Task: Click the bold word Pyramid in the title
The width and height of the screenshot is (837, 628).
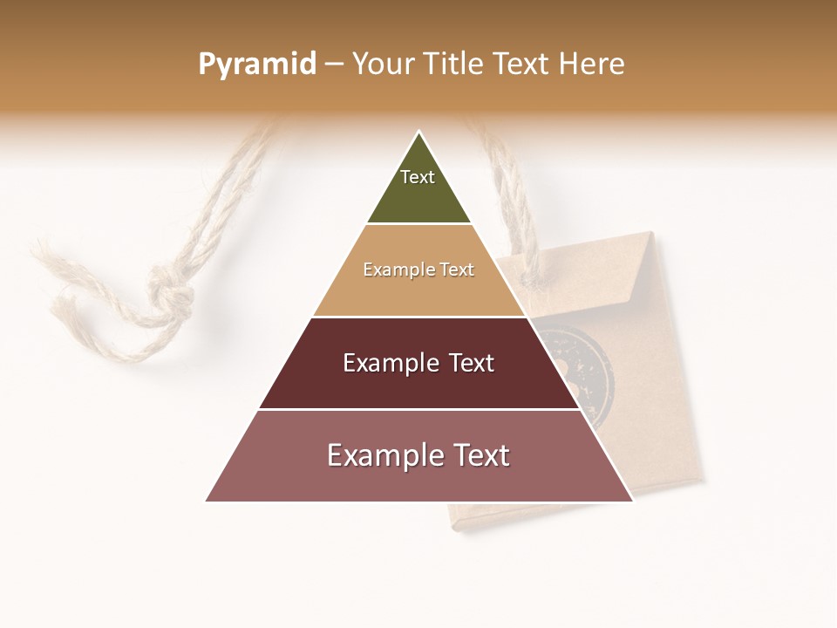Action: click(x=256, y=65)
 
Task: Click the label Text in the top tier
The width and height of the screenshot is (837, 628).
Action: click(x=418, y=177)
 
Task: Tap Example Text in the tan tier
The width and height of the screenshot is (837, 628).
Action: click(x=418, y=270)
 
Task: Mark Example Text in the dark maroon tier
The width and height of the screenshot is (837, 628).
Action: click(x=418, y=363)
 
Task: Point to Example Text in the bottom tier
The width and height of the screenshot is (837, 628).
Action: click(x=418, y=455)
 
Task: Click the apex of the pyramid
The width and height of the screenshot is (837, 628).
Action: click(x=419, y=133)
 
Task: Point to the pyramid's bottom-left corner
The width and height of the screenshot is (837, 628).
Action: click(x=208, y=501)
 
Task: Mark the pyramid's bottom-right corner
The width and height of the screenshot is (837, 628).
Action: click(x=631, y=501)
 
